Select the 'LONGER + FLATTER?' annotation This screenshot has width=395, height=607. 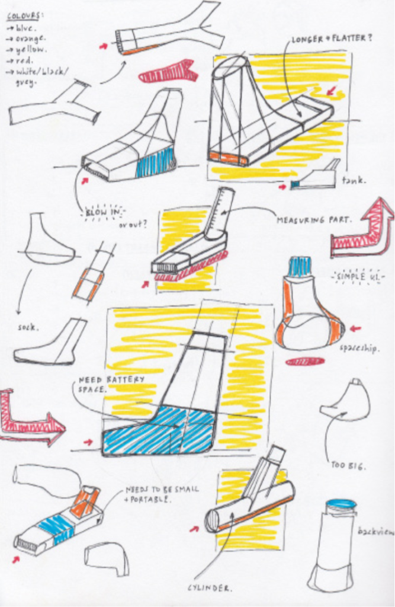pos(332,39)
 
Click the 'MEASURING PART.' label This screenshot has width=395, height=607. pos(314,220)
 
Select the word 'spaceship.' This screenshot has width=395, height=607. pos(358,350)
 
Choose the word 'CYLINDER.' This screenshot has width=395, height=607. pos(210,588)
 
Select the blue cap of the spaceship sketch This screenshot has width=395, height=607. pos(300,267)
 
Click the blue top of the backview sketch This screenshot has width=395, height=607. pos(341,504)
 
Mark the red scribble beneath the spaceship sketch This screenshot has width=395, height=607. pos(305,361)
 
